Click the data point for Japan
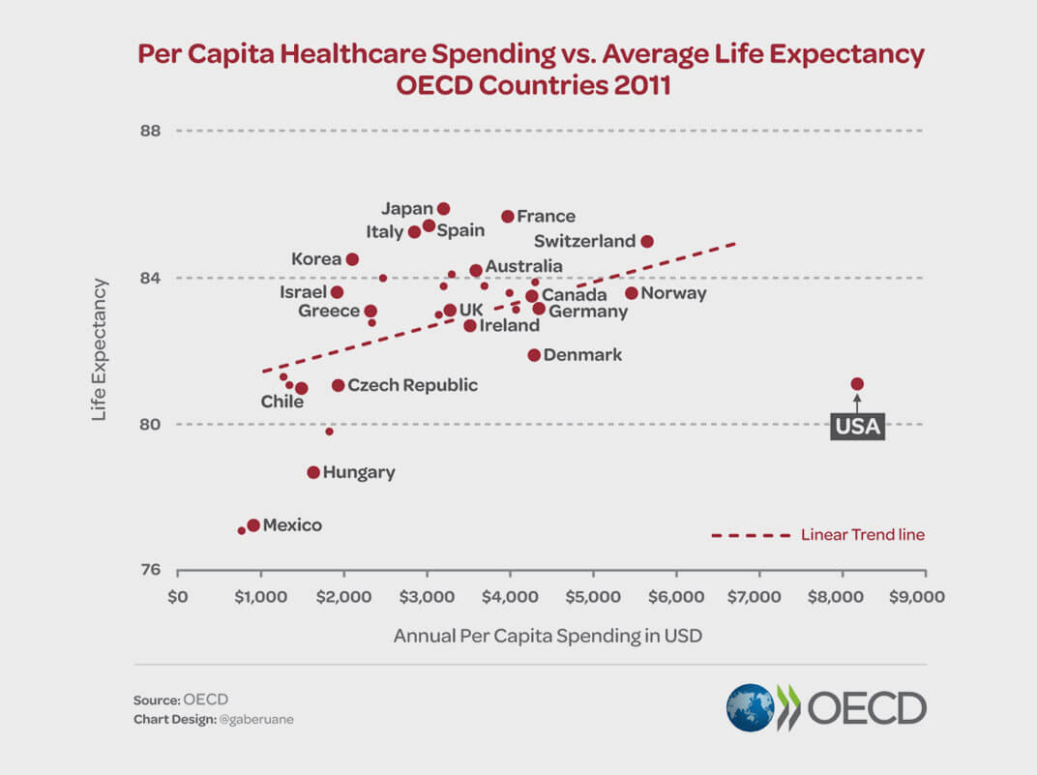tap(444, 209)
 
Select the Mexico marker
tap(253, 525)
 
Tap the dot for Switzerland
tap(647, 241)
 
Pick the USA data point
tap(857, 384)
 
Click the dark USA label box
tap(857, 426)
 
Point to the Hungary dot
tap(313, 472)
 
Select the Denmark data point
tap(534, 355)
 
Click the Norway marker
tap(632, 293)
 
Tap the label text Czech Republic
tap(412, 385)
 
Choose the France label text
tap(546, 217)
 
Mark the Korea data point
tap(352, 259)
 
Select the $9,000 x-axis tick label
tap(915, 597)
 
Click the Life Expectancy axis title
tap(100, 349)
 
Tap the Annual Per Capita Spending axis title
tap(548, 637)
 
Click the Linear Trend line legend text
tap(862, 535)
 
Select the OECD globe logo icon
tap(751, 708)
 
